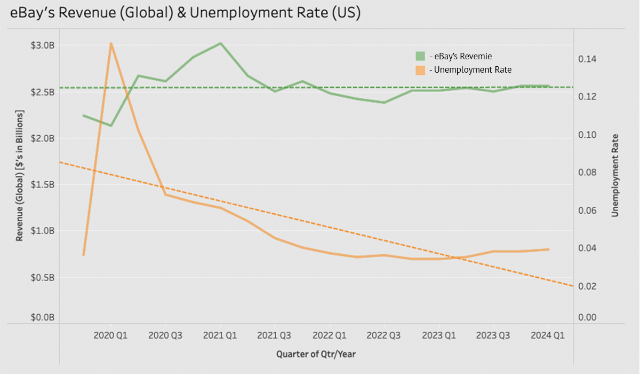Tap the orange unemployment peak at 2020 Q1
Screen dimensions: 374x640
click(x=111, y=44)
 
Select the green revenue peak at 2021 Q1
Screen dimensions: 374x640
click(x=221, y=43)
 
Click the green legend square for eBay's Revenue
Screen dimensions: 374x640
click(x=421, y=56)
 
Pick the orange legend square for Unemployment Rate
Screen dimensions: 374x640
click(x=421, y=70)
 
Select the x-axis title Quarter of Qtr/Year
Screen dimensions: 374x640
click(x=316, y=354)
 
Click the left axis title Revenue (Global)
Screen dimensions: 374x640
click(x=20, y=176)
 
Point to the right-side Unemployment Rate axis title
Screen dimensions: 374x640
click(x=615, y=175)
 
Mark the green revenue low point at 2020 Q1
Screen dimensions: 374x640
click(x=111, y=126)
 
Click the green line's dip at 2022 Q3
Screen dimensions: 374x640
click(x=385, y=103)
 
